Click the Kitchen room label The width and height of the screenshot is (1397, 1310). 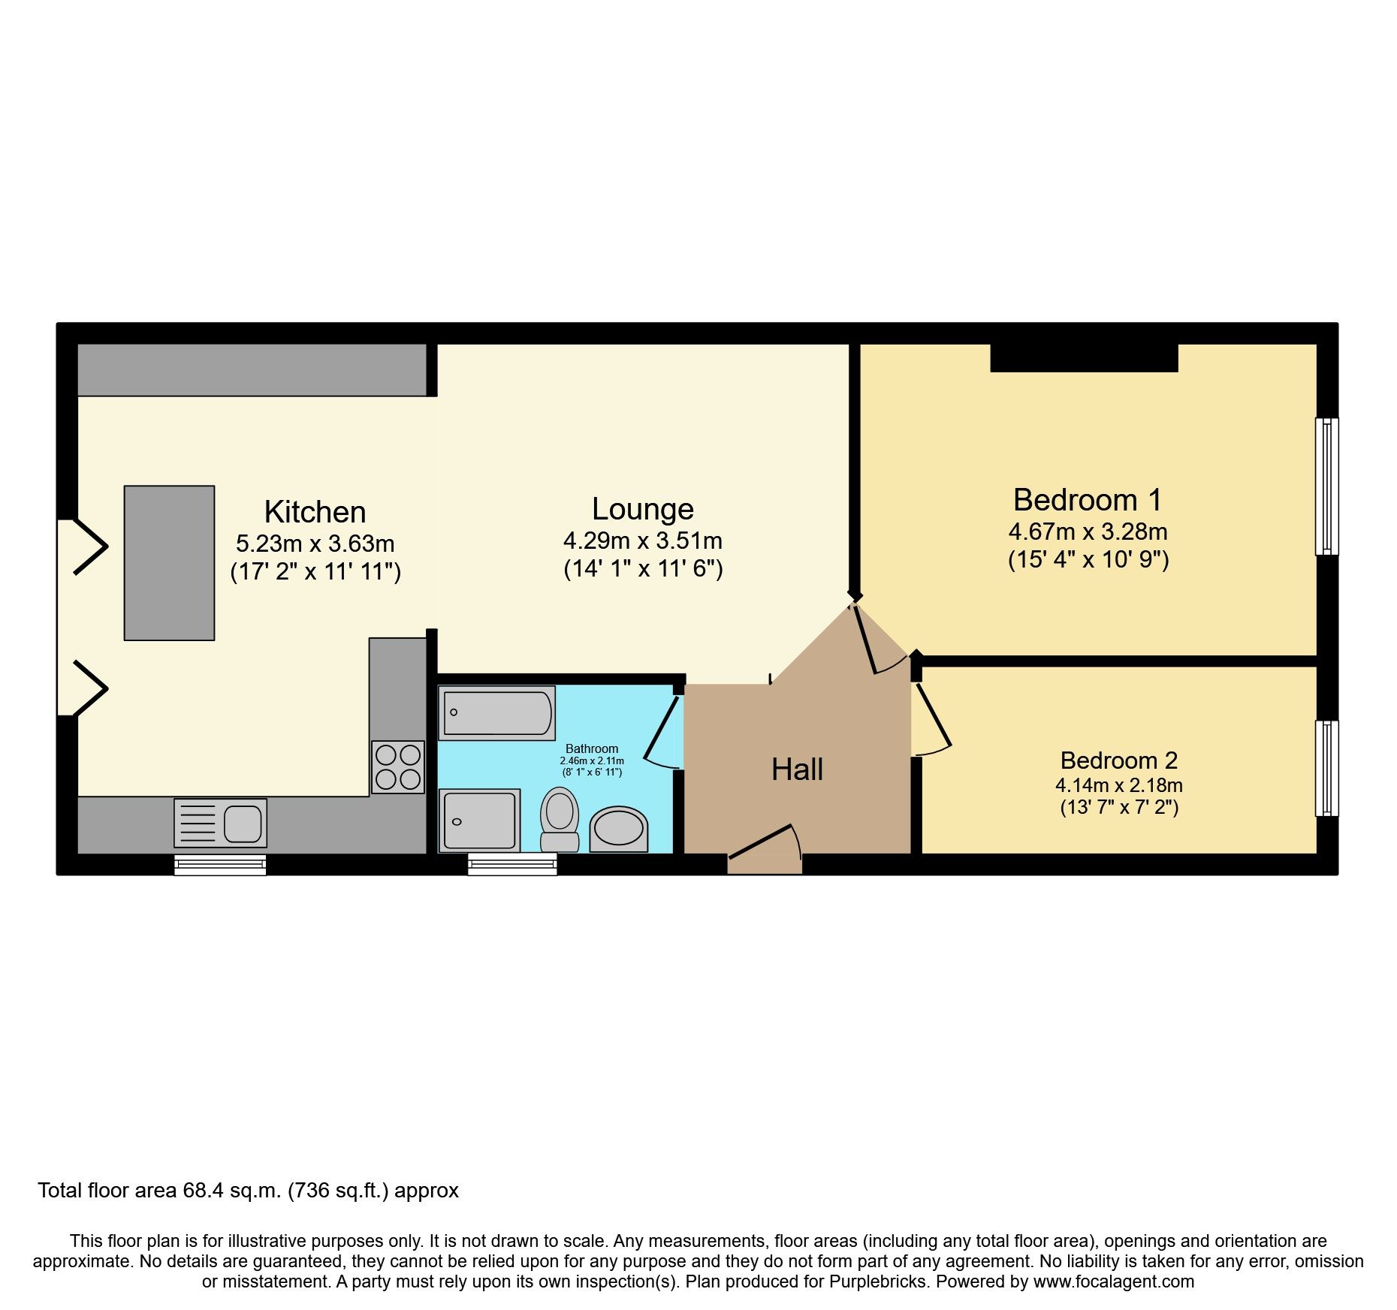(x=315, y=512)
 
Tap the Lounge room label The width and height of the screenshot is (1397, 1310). (x=642, y=509)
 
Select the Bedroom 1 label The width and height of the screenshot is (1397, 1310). (x=1087, y=500)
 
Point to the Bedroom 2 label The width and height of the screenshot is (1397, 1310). (x=1118, y=760)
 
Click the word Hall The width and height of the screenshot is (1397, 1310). (x=797, y=770)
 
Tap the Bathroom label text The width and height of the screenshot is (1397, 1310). (x=592, y=748)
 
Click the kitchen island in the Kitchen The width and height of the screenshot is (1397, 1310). (x=169, y=562)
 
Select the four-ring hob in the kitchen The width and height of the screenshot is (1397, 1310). (x=398, y=766)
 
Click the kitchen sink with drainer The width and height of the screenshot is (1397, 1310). (x=220, y=823)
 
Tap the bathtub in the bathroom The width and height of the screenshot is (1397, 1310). (x=497, y=712)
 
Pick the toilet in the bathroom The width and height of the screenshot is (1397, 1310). (x=560, y=819)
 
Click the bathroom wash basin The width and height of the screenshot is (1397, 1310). (x=618, y=830)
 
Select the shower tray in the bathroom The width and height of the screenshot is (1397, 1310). (x=480, y=821)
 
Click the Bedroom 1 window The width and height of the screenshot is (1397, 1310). (x=1327, y=486)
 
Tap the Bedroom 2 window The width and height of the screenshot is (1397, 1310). (x=1327, y=768)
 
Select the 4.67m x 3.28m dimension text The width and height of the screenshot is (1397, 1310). (x=1088, y=532)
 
